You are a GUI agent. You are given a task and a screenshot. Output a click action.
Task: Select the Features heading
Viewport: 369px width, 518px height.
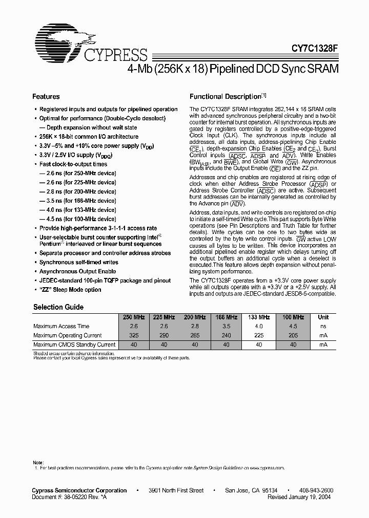(46, 96)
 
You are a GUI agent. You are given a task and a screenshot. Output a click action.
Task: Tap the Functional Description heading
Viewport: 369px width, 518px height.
(225, 96)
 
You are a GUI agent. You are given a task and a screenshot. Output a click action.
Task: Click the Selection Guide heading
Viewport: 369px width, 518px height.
(58, 307)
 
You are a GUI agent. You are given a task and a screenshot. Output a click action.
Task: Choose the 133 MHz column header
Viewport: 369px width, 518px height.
(260, 317)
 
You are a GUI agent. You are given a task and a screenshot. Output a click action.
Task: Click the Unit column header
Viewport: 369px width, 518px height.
(323, 317)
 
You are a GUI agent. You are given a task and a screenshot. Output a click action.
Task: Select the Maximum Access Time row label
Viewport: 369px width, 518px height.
(61, 326)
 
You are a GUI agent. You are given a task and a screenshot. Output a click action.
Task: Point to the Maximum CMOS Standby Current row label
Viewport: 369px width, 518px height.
(74, 344)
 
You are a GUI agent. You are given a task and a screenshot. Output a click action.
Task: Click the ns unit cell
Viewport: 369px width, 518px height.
(323, 326)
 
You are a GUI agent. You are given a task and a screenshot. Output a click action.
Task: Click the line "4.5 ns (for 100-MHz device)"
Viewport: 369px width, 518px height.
(77, 219)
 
